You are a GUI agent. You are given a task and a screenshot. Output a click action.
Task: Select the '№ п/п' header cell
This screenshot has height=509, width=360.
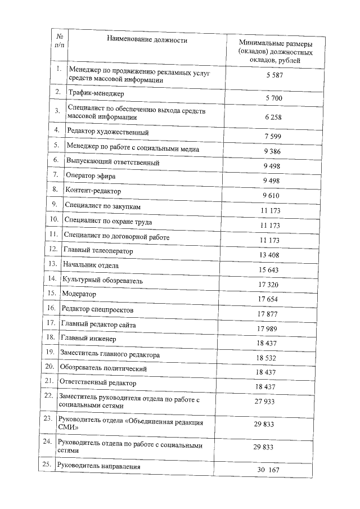point(59,38)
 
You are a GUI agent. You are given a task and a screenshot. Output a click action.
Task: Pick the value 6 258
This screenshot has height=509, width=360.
point(273,117)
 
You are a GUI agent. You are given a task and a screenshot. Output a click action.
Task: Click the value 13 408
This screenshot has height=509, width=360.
point(269,255)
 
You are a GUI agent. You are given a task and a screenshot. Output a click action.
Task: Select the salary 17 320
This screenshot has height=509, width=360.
point(269,285)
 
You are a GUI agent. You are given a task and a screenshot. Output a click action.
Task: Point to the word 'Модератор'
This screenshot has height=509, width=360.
point(79,294)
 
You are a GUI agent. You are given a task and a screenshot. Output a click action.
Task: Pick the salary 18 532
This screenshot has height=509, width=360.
point(267,358)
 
